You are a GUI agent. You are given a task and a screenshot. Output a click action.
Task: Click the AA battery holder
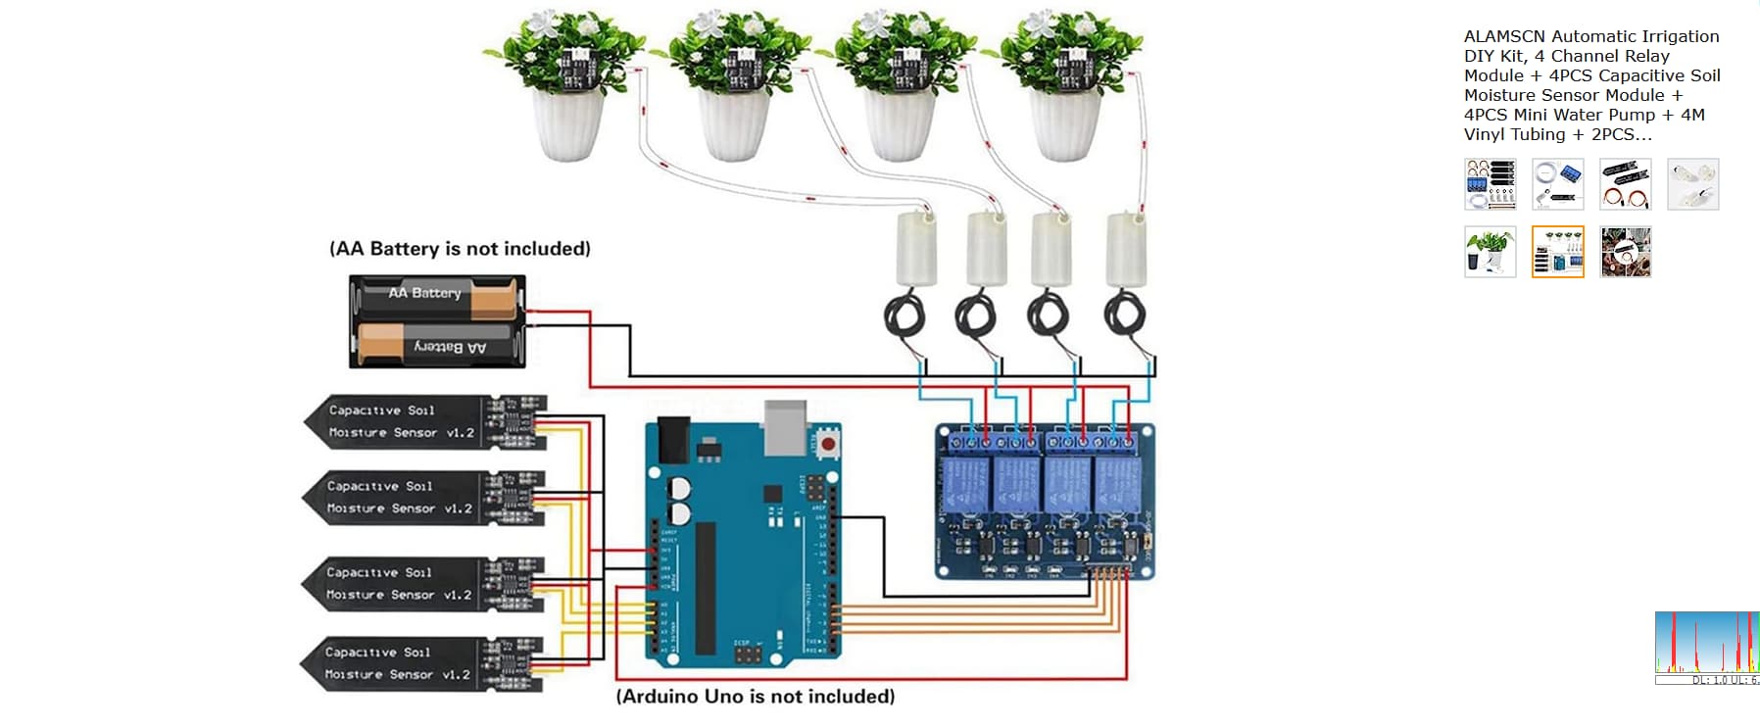(x=437, y=321)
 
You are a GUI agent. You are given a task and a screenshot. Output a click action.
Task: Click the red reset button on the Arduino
(x=828, y=444)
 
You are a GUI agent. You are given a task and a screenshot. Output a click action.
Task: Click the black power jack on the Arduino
(x=673, y=439)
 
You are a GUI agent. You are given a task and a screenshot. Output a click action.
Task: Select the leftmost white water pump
(x=916, y=249)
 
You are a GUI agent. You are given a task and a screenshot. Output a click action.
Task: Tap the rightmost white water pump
(x=1126, y=249)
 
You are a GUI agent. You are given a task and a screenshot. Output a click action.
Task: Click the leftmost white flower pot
(x=567, y=124)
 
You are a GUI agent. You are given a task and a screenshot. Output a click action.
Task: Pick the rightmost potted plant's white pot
(x=1064, y=124)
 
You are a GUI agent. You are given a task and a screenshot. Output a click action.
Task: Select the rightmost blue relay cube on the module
(x=1118, y=483)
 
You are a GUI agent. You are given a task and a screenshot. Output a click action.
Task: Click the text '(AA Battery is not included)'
(x=460, y=249)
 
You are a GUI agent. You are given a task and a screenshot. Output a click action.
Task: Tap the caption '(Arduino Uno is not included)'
(x=755, y=697)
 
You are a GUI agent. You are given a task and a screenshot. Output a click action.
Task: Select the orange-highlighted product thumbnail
(x=1557, y=252)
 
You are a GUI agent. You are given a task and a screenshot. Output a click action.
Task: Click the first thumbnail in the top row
(x=1490, y=184)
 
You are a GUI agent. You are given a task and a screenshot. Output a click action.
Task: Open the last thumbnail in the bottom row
(x=1625, y=252)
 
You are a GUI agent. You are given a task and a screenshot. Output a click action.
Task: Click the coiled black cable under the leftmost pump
(x=904, y=315)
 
